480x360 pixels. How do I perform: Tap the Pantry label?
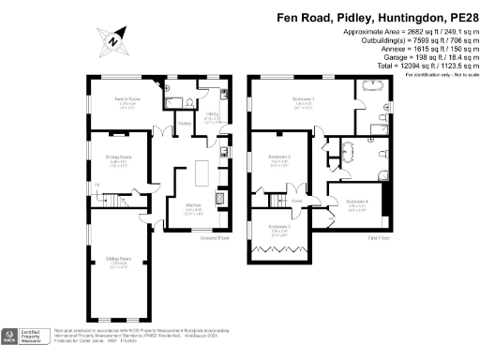click(x=185, y=123)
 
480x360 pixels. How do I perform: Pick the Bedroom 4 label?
click(x=356, y=201)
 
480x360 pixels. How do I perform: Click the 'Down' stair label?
click(x=296, y=201)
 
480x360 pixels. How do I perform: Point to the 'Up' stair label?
click(x=97, y=195)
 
